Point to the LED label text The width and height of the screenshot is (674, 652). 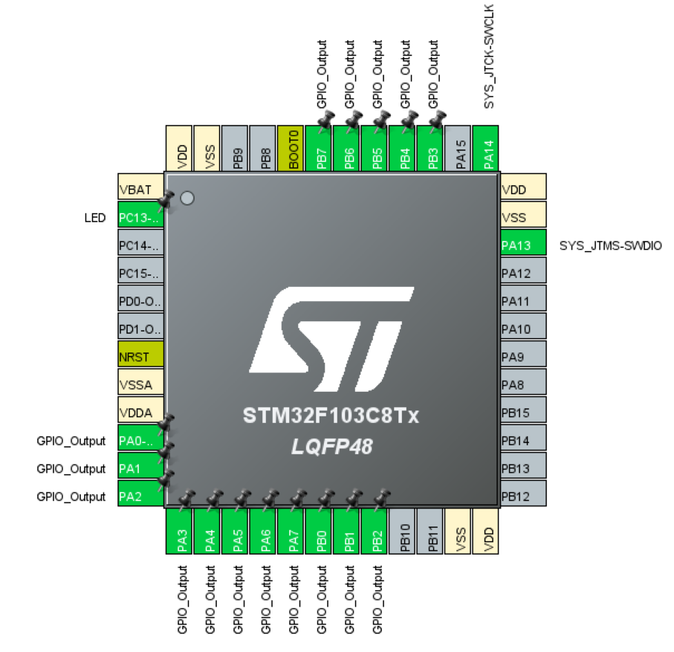(95, 218)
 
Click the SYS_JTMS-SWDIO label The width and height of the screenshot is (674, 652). (610, 245)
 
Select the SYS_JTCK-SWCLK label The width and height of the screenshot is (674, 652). (489, 57)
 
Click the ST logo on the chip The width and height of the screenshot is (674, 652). (331, 339)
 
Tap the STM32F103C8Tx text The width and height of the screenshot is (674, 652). (331, 416)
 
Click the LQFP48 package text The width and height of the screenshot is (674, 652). (332, 446)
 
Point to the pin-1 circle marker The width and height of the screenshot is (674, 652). (187, 198)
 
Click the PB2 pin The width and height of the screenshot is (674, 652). (375, 531)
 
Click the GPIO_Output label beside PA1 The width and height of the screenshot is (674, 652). (71, 469)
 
